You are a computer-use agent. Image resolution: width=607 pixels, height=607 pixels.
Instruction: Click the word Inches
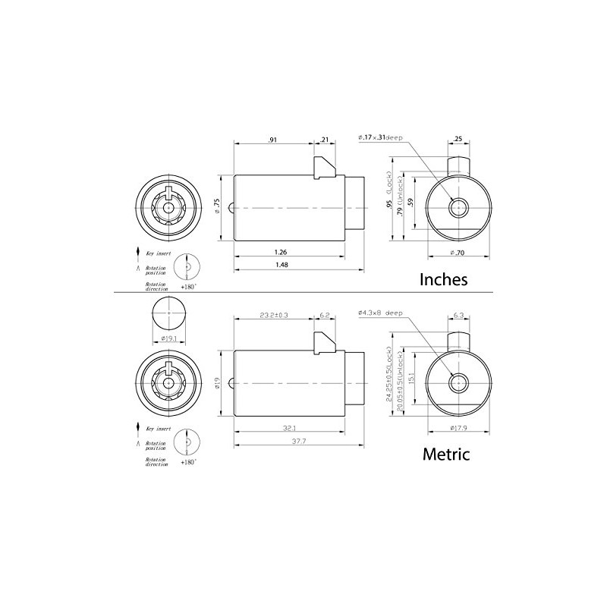pyautogui.click(x=444, y=278)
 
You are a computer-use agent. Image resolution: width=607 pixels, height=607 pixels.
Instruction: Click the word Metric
pyautogui.click(x=445, y=455)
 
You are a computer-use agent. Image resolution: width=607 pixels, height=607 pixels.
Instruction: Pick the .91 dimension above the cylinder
pyautogui.click(x=271, y=139)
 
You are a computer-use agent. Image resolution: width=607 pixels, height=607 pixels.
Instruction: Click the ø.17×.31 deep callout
pyautogui.click(x=382, y=138)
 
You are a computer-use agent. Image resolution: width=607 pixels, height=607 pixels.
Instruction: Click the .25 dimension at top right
pyautogui.click(x=458, y=139)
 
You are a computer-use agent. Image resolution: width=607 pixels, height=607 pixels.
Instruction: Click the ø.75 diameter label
pyautogui.click(x=217, y=206)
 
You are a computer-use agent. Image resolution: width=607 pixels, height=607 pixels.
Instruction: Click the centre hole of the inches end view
pyautogui.click(x=458, y=206)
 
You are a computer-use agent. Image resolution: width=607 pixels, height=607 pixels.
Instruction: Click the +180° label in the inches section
pyautogui.click(x=189, y=287)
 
